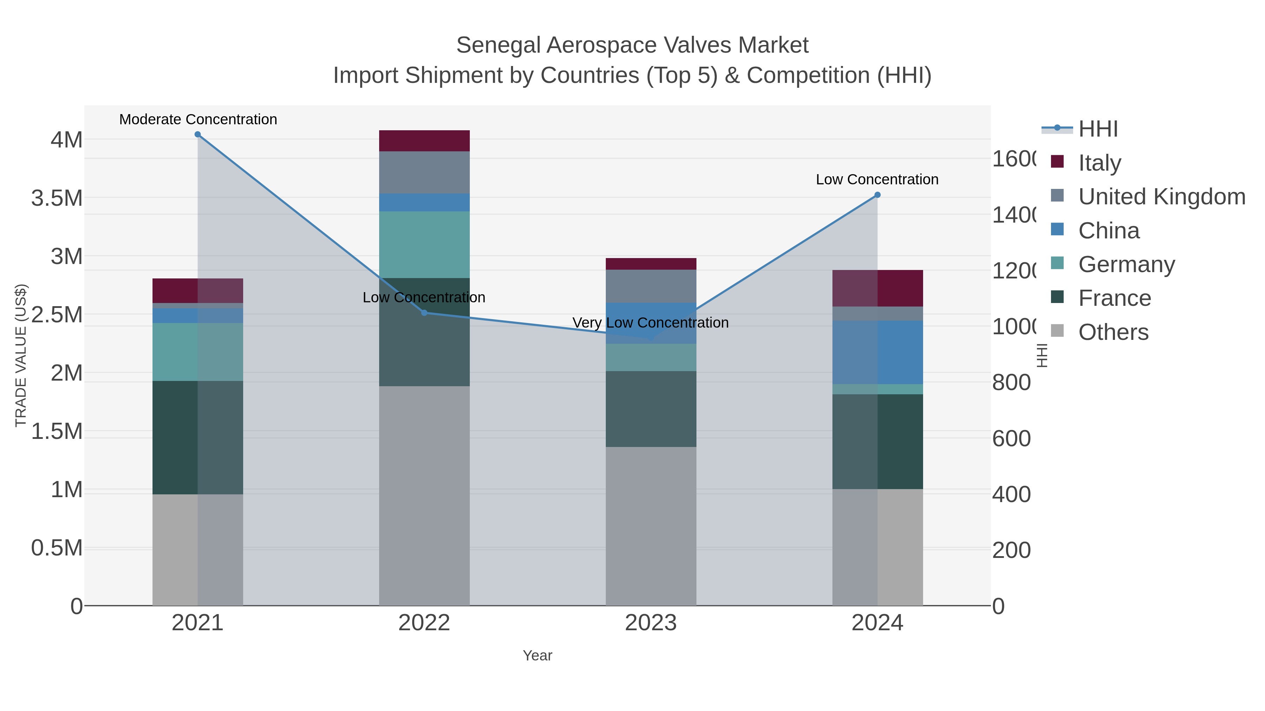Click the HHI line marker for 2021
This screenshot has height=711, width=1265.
tap(197, 134)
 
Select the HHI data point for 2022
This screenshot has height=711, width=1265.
tap(424, 312)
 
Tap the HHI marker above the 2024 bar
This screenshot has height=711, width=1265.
tap(877, 195)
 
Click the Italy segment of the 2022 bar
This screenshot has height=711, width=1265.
tap(424, 141)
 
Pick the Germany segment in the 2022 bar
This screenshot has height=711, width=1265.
tap(424, 244)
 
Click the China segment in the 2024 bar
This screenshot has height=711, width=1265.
tap(877, 352)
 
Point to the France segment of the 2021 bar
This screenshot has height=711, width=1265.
tap(197, 437)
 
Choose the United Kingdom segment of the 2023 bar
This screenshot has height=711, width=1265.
tap(651, 286)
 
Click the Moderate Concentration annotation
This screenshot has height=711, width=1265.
tap(198, 119)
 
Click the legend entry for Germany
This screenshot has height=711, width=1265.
tap(1126, 264)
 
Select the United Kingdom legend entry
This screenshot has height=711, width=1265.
tap(1161, 197)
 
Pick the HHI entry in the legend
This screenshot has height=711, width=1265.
tap(1098, 129)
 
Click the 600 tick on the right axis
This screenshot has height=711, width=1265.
tap(1011, 438)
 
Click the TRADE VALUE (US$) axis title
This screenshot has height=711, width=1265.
tap(21, 355)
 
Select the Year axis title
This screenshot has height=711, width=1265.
tap(537, 656)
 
